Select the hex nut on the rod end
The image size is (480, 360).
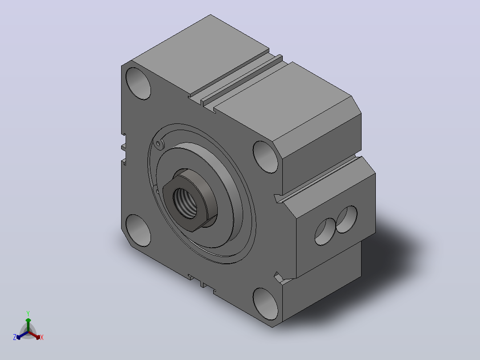190,200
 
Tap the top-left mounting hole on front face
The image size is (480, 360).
138,83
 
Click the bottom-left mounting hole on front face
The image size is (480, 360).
138,230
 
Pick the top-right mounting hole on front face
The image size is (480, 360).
265,157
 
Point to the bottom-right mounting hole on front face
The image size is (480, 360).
265,304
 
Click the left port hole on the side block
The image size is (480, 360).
325,232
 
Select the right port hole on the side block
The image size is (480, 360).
346,219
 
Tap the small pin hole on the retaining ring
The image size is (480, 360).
158,143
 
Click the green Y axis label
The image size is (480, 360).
28,313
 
